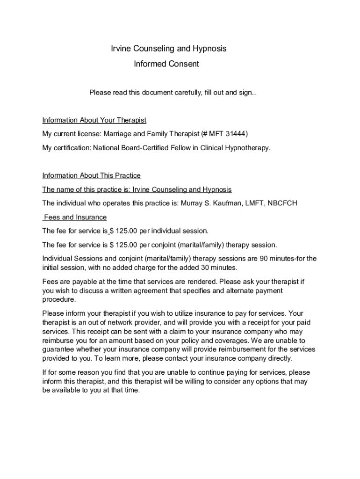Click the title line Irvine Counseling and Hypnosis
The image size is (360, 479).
coord(168,49)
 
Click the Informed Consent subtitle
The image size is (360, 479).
coord(166,64)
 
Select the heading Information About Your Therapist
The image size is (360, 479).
coord(94,120)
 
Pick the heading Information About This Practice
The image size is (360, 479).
coord(91,175)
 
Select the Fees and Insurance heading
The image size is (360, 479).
coord(75,217)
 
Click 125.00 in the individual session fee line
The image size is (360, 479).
coord(127,231)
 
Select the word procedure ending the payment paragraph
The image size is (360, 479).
coord(59,299)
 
